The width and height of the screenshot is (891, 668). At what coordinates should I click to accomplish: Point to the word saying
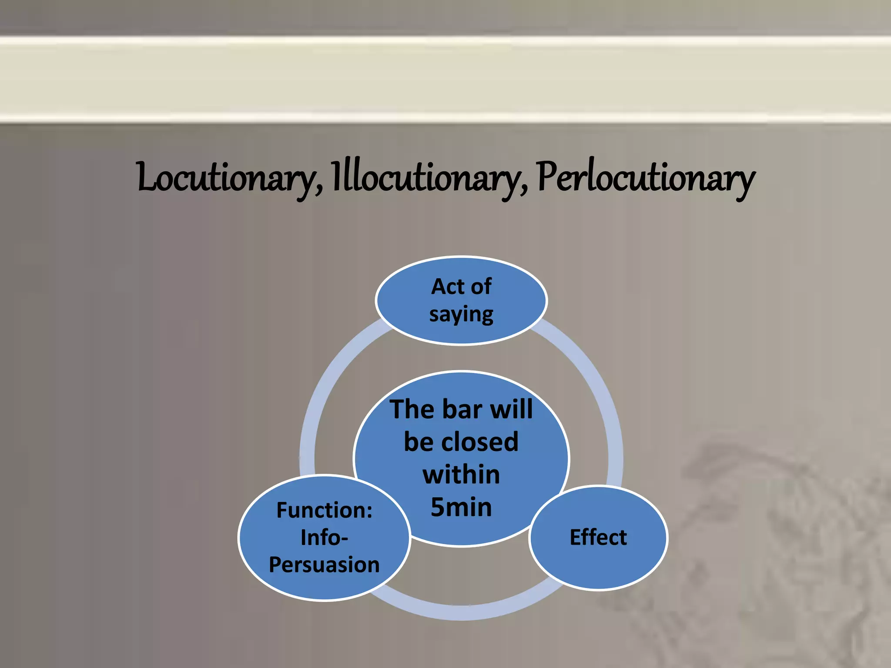tap(461, 314)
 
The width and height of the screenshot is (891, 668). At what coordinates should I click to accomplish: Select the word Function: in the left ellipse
tap(325, 510)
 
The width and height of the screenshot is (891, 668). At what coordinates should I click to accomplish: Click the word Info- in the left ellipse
tap(325, 538)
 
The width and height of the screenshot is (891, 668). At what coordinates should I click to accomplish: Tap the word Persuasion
tap(325, 565)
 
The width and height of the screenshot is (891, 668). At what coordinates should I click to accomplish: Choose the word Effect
tap(598, 538)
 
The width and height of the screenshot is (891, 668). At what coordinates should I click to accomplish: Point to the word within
tap(461, 474)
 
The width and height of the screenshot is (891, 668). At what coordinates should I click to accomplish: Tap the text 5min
tap(461, 507)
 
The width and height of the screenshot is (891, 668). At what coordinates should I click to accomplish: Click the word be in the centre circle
tap(417, 442)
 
